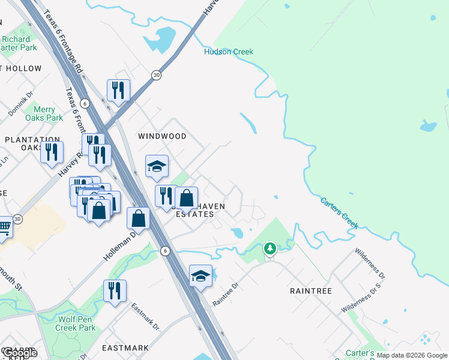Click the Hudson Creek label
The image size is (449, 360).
click(229, 52)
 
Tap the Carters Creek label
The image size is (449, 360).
click(339, 213)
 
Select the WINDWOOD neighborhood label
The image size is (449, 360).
click(162, 136)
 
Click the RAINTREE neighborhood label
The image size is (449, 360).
click(311, 290)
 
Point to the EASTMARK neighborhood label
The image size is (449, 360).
click(125, 348)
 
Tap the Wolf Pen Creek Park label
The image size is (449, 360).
click(75, 323)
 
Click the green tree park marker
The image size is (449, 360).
click(270, 248)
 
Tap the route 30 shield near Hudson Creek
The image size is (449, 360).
click(156, 75)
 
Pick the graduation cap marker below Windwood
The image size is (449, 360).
click(157, 166)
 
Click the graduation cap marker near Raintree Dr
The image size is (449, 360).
click(200, 275)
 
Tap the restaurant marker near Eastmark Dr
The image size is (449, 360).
click(115, 290)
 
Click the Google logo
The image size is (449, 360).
click(19, 353)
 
